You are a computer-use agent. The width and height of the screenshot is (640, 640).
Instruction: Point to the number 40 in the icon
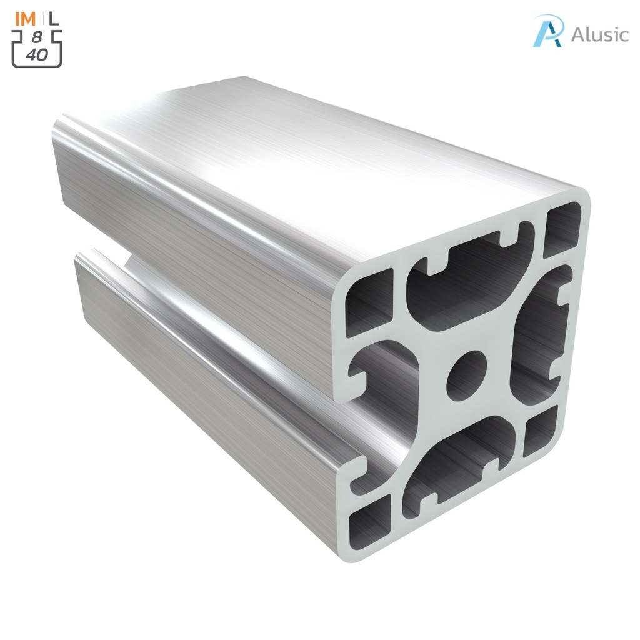click(x=37, y=54)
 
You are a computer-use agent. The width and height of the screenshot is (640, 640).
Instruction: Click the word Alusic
click(x=599, y=34)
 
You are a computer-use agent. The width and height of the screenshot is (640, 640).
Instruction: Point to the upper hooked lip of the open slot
click(x=357, y=381)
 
